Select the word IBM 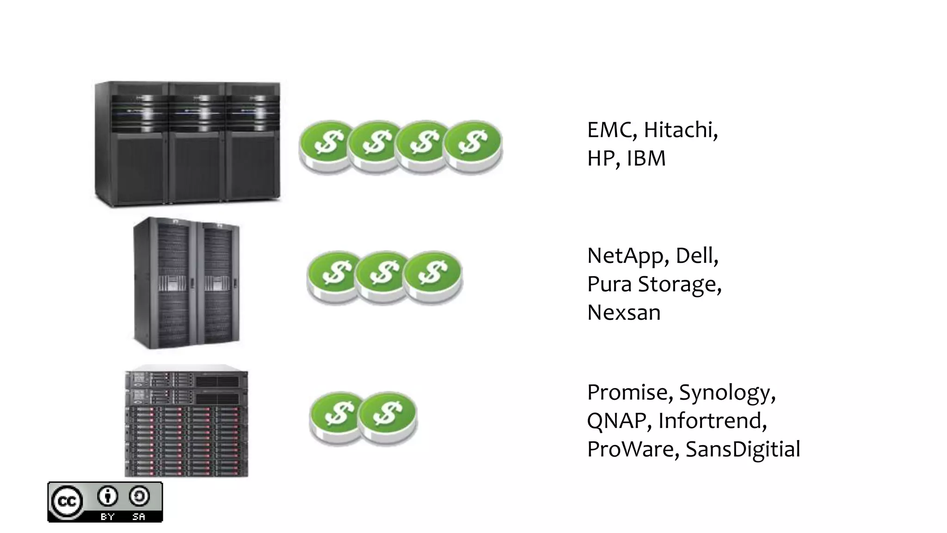pyautogui.click(x=646, y=158)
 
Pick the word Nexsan pyautogui.click(x=624, y=313)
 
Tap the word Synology pyautogui.click(x=727, y=393)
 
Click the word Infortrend pyautogui.click(x=712, y=421)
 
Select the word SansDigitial pyautogui.click(x=743, y=449)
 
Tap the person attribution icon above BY pyautogui.click(x=108, y=497)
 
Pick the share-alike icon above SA pyautogui.click(x=139, y=497)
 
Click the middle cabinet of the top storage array pyautogui.click(x=197, y=143)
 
